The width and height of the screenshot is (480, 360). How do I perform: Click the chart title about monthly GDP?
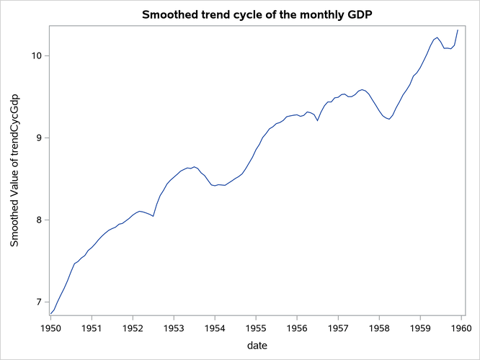click(257, 14)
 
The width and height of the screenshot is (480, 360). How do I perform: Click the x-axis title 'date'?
click(257, 346)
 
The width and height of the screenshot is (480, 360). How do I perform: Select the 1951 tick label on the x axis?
click(91, 328)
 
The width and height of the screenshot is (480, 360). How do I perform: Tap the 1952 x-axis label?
click(133, 328)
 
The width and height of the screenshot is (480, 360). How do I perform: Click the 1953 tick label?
click(174, 328)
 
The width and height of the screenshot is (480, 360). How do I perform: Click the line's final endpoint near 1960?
click(458, 30)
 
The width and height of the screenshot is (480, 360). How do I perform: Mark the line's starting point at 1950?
click(50, 313)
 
